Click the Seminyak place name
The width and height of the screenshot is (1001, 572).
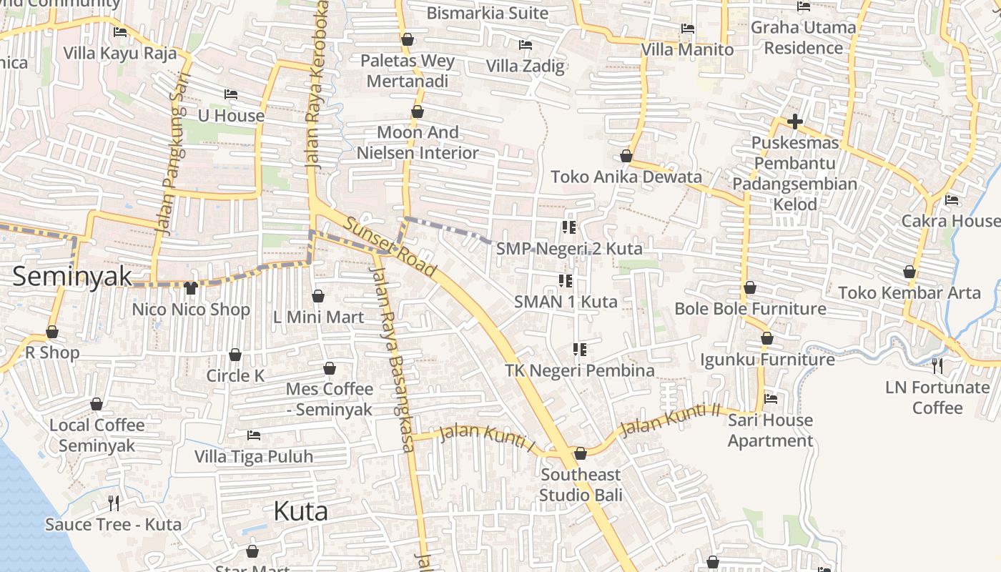point(72,276)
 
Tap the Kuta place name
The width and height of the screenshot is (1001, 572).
point(301,511)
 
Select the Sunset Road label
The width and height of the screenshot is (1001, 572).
point(390,246)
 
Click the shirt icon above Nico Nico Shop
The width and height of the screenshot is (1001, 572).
point(190,288)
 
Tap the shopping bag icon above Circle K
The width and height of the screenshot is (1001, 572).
point(235,355)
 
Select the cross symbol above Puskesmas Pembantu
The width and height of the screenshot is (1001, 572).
point(794,122)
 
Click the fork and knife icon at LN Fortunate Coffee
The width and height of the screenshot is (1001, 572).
point(937,366)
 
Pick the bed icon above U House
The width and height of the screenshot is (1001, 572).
point(230,94)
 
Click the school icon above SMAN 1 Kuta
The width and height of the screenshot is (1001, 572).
point(565,281)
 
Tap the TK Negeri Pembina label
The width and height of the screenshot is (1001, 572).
point(580,370)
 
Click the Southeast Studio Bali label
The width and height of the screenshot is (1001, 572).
point(581,485)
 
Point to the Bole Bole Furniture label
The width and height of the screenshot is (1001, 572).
point(750,309)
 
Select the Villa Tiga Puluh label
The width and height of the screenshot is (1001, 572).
point(254,456)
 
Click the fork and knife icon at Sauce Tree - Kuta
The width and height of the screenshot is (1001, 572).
point(113,503)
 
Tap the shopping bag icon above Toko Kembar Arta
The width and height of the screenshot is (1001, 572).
point(909,272)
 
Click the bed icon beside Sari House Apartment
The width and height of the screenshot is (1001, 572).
point(771,399)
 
